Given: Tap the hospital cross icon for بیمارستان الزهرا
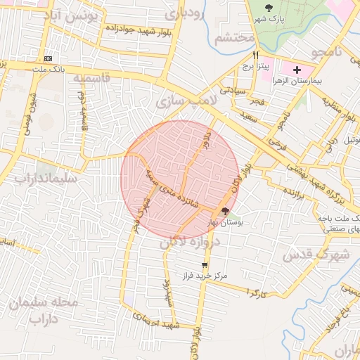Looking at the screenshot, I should coord(297,70).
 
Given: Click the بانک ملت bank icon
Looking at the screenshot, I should coord(48,58).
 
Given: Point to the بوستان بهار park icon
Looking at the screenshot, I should coord(225,211).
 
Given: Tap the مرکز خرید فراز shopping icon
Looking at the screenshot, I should coord(205,266).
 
